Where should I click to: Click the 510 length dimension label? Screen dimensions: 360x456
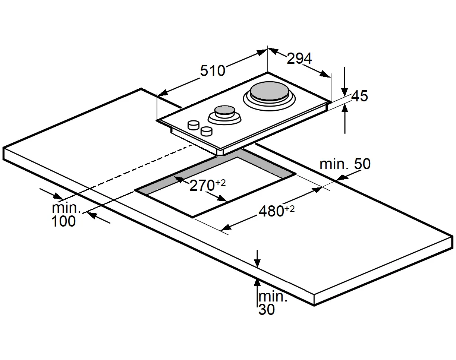(x=213, y=70)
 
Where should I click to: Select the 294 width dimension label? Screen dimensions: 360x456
(x=299, y=58)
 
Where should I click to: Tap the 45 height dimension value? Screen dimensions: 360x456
(x=359, y=96)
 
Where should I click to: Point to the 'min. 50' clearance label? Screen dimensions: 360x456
(x=345, y=164)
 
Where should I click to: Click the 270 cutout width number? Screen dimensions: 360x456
(x=202, y=186)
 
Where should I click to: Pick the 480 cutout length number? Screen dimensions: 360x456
(x=271, y=211)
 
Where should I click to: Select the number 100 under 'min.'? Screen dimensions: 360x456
(x=63, y=221)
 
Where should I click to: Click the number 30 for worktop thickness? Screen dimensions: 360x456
(x=266, y=310)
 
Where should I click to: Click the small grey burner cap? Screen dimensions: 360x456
(x=224, y=110)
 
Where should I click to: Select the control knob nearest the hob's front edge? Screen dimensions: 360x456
(x=206, y=131)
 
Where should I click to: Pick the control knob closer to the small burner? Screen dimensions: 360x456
(x=194, y=125)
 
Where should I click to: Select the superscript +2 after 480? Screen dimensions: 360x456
(x=289, y=209)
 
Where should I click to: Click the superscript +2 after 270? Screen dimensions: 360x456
(x=220, y=183)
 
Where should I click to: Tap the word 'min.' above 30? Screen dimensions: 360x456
(x=273, y=297)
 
